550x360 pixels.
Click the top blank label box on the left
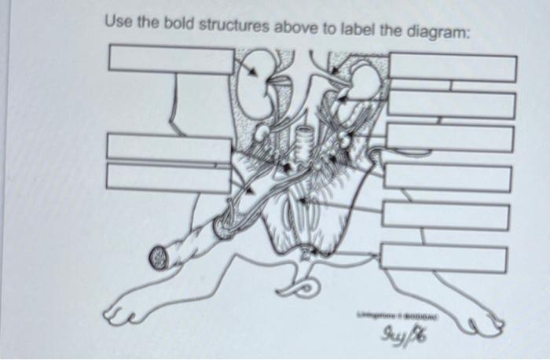pyautogui.click(x=171, y=60)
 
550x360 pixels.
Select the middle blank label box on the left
pyautogui.click(x=168, y=147)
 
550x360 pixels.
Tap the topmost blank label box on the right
pyautogui.click(x=452, y=68)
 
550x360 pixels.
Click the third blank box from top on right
pyautogui.click(x=449, y=138)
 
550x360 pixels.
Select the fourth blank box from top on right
pyautogui.click(x=447, y=178)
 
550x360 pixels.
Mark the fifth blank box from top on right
pyautogui.click(x=445, y=215)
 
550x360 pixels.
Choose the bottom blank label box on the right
pyautogui.click(x=442, y=258)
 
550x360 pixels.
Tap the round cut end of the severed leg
pyautogui.click(x=160, y=255)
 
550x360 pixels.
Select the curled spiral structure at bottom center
pyautogui.click(x=302, y=287)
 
